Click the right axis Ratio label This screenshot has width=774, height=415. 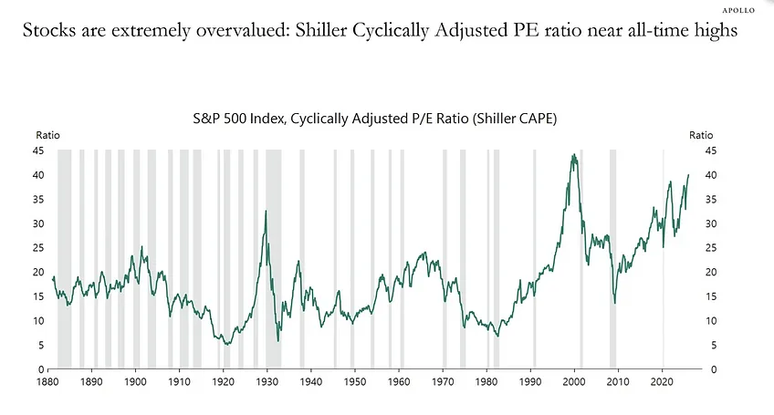pyautogui.click(x=701, y=134)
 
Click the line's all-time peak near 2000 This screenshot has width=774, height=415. pyautogui.click(x=573, y=155)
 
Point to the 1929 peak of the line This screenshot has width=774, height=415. pyautogui.click(x=266, y=212)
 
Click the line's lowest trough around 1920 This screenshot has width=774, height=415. pyautogui.click(x=226, y=345)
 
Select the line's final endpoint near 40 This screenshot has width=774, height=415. pyautogui.click(x=688, y=175)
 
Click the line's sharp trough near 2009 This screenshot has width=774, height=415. pyautogui.click(x=614, y=303)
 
